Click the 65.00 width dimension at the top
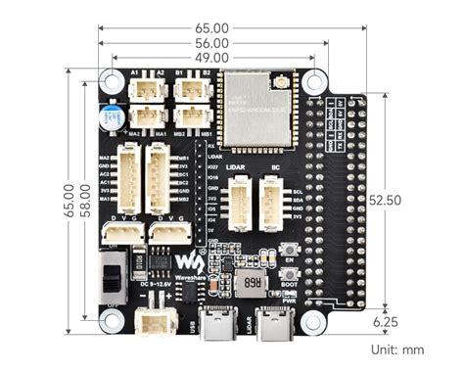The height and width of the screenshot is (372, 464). coord(213,28)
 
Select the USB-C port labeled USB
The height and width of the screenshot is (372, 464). coord(211,320)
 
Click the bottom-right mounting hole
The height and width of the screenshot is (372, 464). coord(311,322)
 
